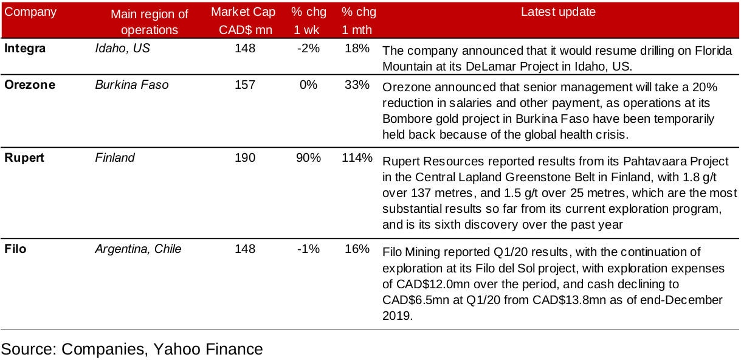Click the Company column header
point(30,12)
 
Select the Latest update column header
point(558,12)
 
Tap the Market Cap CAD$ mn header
point(243,21)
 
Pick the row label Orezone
point(30,85)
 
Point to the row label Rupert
point(26,158)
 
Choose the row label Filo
point(15,249)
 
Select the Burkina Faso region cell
point(132,85)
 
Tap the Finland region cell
point(115,158)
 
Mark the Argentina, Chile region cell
point(138,249)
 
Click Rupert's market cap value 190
point(245,158)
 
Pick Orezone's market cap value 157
point(245,85)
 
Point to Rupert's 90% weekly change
point(308,158)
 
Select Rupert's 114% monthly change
point(357,158)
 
